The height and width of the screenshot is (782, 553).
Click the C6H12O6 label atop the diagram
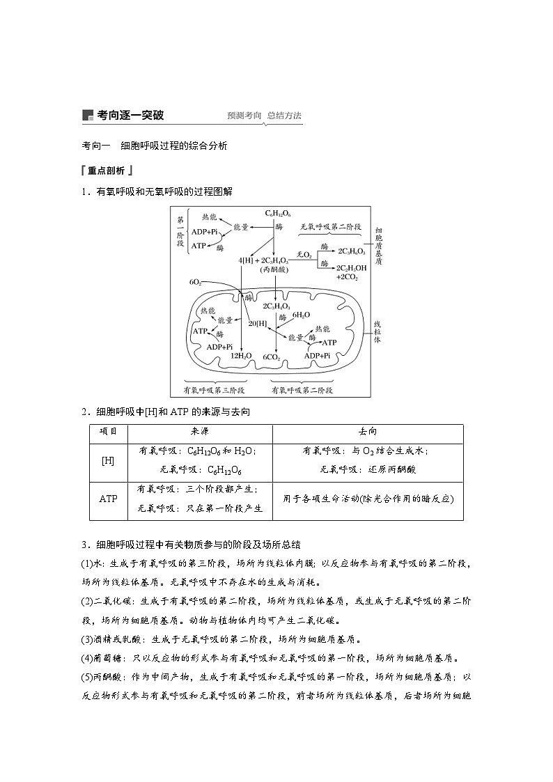(x=278, y=213)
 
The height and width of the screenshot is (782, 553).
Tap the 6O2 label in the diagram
(x=195, y=282)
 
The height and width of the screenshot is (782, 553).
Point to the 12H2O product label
(x=241, y=356)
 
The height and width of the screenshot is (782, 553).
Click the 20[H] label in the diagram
(x=258, y=323)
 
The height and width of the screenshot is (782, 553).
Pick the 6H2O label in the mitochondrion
(x=301, y=315)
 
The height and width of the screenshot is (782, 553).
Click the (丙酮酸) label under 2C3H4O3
(x=274, y=269)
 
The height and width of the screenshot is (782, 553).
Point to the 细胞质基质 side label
(x=377, y=246)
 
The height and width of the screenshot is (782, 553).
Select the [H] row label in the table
(x=108, y=461)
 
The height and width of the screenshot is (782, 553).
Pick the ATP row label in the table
(x=108, y=499)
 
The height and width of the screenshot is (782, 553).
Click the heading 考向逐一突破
(x=131, y=115)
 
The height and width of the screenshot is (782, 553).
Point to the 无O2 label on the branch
(x=304, y=255)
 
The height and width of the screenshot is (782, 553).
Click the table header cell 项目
(x=108, y=432)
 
